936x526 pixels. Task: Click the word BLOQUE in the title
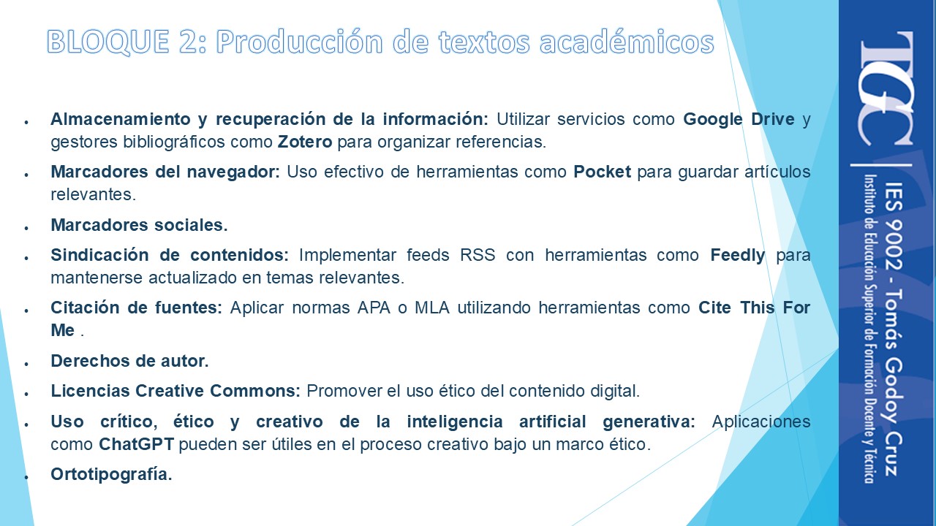point(108,42)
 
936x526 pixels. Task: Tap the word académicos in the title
point(627,42)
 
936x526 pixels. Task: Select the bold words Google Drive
point(739,119)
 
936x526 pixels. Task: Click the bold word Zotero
point(305,142)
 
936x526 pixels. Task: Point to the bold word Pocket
point(602,172)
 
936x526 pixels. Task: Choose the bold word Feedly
point(738,256)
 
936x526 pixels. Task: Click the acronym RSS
point(478,255)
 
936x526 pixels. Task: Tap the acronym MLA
point(432,308)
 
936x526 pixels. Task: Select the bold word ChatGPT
point(136,444)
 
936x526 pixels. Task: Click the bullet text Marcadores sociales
point(139,225)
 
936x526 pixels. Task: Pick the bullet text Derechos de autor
point(129,361)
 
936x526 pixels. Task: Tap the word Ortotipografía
point(112,475)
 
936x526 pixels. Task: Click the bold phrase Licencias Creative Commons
point(175,391)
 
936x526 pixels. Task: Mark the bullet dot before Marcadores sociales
point(26,227)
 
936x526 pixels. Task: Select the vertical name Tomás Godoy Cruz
point(894,382)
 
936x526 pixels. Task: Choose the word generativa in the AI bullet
point(649,422)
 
